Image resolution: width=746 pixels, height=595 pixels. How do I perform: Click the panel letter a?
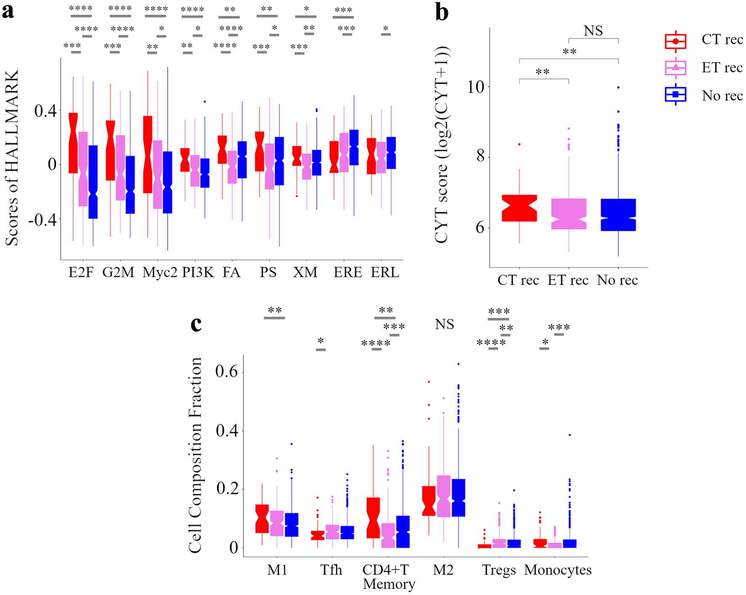(8, 11)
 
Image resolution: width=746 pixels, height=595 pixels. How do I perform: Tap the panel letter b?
(442, 12)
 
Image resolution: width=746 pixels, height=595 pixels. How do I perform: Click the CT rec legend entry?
(703, 40)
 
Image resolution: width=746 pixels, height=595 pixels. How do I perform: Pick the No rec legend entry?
(703, 96)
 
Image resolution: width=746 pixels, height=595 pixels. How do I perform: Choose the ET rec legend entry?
(703, 68)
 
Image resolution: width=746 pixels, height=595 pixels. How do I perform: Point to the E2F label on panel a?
(81, 272)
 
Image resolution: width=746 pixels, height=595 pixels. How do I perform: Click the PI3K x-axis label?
(198, 272)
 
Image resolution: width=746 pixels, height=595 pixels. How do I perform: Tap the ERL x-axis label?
(385, 272)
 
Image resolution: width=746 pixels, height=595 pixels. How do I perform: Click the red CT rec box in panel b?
(520, 208)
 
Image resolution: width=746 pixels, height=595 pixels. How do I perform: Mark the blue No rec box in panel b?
(618, 215)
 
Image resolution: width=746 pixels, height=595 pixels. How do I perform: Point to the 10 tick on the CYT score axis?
(476, 87)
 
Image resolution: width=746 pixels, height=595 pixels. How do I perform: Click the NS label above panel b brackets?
(593, 31)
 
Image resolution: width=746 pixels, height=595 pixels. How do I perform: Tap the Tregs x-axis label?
(499, 570)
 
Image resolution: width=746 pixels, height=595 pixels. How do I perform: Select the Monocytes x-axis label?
(558, 570)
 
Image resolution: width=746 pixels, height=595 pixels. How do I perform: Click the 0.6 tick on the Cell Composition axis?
(226, 371)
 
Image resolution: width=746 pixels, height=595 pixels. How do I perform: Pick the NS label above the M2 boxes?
(445, 324)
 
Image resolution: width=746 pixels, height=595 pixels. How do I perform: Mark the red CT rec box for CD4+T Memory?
(373, 518)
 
